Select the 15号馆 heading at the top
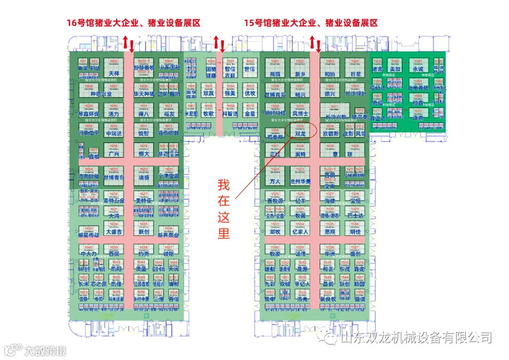point(311,23)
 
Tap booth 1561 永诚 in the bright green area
point(418,65)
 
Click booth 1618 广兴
point(114,150)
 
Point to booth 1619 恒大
point(144,150)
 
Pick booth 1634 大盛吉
point(114,229)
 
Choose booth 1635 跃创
point(144,229)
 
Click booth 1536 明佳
point(355,229)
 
